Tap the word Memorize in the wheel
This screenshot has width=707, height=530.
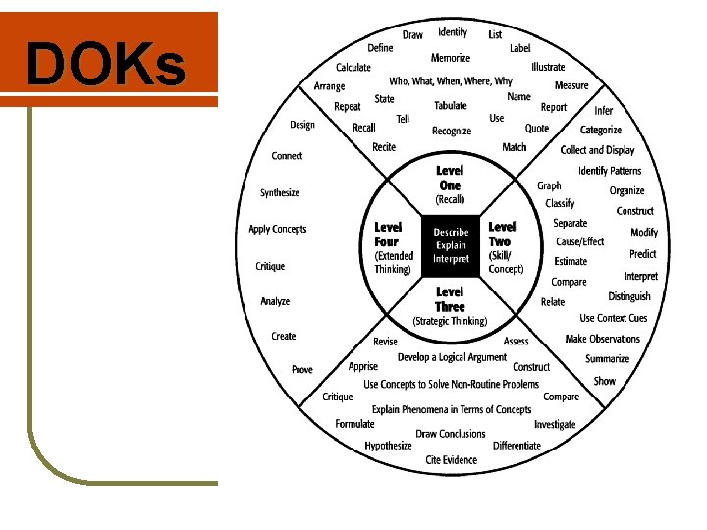point(451,58)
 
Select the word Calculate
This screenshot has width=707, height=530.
point(353,68)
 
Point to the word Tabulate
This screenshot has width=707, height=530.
point(451,106)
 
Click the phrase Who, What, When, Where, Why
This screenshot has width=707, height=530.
point(451,81)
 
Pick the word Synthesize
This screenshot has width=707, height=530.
point(280,193)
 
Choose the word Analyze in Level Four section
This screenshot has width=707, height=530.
point(275,301)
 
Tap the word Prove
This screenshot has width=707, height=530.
point(302,369)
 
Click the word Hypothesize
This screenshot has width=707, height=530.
point(389,446)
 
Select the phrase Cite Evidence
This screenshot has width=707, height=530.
point(452,460)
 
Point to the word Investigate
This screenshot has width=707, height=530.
point(555,425)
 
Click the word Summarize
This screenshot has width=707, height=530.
point(608,359)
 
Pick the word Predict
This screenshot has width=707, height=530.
point(643,254)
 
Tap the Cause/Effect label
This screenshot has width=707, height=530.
point(580,241)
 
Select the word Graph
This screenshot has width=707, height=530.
point(549,185)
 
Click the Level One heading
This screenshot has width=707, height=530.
point(450,178)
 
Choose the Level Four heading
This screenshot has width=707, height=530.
point(389,234)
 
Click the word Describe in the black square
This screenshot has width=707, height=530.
point(451,232)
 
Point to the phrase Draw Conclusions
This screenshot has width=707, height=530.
point(451,434)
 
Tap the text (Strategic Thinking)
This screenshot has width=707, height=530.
point(450,321)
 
